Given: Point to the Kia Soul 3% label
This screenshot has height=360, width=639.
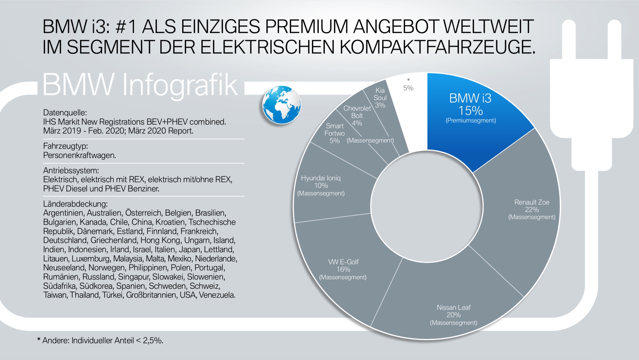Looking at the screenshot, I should tap(380, 98).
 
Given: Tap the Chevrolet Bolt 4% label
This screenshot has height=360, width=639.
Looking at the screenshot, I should tap(357, 115).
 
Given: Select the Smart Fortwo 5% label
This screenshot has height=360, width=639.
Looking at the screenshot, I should tap(334, 133).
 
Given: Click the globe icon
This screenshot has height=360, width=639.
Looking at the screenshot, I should tap(282, 105).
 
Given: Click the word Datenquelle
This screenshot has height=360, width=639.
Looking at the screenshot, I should tap(65, 113).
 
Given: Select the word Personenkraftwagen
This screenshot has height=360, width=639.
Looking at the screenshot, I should tap(80, 155).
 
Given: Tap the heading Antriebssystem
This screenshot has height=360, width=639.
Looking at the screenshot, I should tap(71, 171).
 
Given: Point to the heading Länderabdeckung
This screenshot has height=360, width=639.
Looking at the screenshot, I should tap(75, 204).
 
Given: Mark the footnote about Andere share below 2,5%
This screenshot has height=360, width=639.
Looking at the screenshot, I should tap(100, 340).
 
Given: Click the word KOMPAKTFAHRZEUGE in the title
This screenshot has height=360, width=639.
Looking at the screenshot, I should tap(438, 47).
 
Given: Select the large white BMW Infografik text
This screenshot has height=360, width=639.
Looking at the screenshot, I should tap(140, 85).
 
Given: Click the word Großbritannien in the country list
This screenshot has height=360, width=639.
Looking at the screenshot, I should tap(151, 295).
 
